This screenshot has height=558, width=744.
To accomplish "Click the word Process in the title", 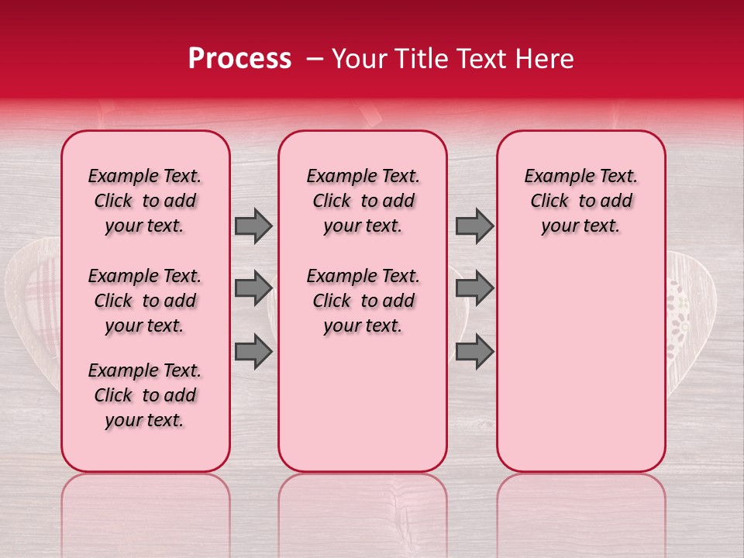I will tap(239, 59).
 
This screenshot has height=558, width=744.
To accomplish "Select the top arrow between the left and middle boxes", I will tap(253, 226).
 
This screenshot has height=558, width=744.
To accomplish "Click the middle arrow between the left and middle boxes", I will tap(253, 288).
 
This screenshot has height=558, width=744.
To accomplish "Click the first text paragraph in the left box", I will tap(145, 201).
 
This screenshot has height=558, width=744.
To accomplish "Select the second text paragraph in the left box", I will tap(145, 301).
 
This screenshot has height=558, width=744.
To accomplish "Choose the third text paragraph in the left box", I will tap(145, 395).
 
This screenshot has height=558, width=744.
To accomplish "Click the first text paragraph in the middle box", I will tap(363, 201).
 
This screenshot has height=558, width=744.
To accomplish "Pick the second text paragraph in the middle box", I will tap(363, 301).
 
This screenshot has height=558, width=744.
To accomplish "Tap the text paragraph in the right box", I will tap(580, 201).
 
